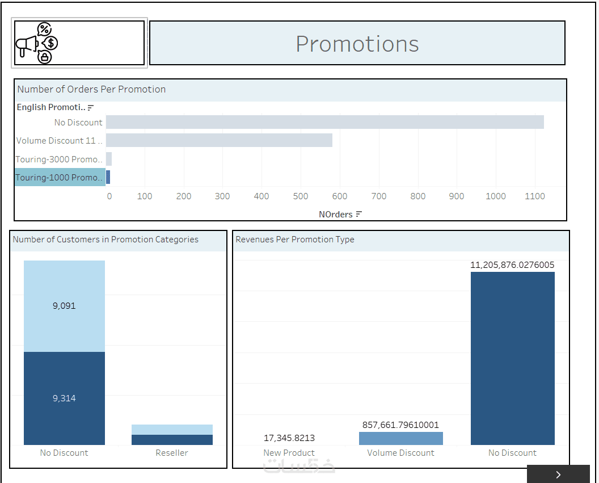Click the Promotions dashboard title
coord(357,44)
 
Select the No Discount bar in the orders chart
coord(324,122)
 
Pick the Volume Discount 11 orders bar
coord(219,140)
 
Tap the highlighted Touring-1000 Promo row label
coord(60,178)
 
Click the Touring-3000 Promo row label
coord(60,159)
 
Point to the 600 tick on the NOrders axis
coord(340,196)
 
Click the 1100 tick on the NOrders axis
coord(534,196)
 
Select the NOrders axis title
coord(336,215)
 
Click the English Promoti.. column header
coord(51,107)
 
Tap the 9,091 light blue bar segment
coord(64,306)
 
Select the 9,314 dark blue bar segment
coord(64,398)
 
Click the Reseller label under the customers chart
coord(172,453)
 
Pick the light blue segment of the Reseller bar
coord(172,430)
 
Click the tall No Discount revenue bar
coord(512,358)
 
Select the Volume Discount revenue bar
coord(400,438)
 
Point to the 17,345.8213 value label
coord(289,438)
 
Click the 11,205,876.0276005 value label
coord(512,265)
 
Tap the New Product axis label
coord(289,453)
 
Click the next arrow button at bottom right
coord(558,474)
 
